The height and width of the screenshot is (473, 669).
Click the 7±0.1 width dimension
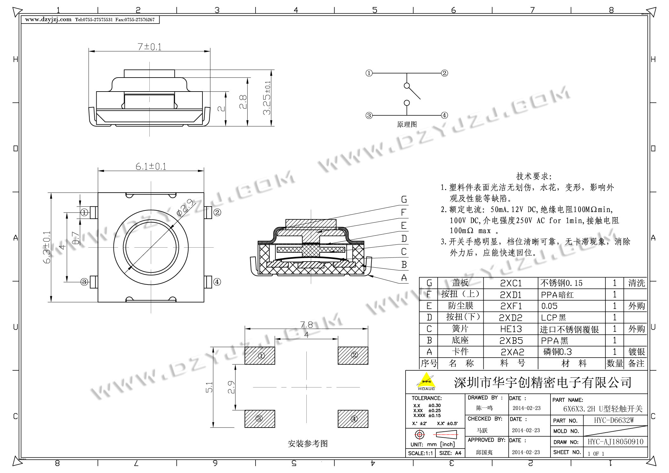[149, 47]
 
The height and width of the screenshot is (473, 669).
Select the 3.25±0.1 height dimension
[267, 98]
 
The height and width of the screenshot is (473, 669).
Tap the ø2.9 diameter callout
[185, 208]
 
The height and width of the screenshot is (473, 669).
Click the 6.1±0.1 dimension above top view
[151, 166]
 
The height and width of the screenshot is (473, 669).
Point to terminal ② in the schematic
[444, 73]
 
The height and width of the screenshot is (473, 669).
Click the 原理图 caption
[407, 124]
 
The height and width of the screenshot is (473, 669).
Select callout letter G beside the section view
[404, 200]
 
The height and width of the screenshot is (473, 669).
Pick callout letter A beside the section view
[404, 278]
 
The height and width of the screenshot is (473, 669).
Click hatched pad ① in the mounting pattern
[260, 355]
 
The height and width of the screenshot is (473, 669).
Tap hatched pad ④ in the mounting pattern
[353, 419]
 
